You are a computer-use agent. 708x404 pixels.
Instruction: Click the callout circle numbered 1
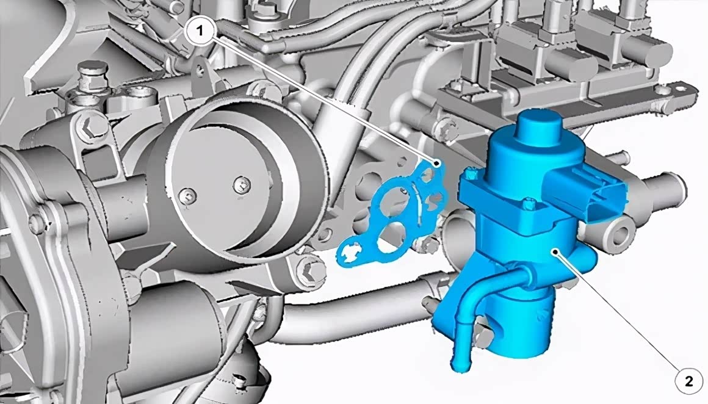pyautogui.click(x=199, y=31)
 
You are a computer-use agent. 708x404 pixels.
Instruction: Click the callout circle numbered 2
pyautogui.click(x=688, y=382)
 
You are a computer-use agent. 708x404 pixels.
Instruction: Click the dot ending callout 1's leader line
pyautogui.click(x=436, y=162)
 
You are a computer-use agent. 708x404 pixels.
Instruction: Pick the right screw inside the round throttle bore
pyautogui.click(x=242, y=184)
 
